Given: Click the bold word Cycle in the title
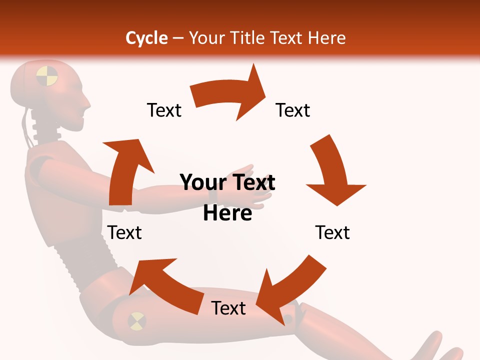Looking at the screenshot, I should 146,38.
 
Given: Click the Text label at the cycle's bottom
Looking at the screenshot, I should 228,308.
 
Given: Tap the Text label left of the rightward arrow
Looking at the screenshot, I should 164,110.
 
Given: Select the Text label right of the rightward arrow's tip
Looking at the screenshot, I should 293,110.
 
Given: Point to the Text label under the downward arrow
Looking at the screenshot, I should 332,232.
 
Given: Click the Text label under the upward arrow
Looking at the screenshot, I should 124,232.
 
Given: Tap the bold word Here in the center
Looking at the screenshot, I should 227,213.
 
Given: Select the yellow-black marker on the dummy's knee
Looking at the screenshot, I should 137,320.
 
